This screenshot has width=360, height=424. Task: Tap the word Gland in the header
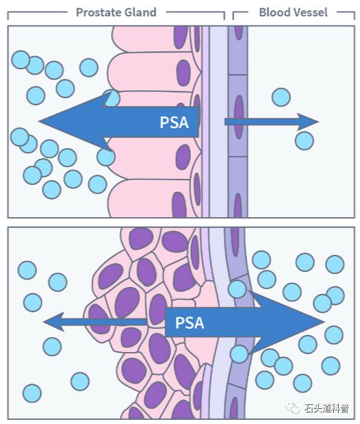(140, 12)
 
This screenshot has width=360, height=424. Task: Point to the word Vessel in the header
(307, 12)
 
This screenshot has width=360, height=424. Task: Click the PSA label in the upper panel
(174, 123)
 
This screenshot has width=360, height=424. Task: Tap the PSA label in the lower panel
(190, 323)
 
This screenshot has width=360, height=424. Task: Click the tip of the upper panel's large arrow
(39, 121)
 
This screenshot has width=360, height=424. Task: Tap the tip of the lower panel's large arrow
(324, 322)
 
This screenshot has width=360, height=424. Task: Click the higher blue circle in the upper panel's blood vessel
(281, 97)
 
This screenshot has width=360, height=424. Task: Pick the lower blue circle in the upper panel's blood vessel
(305, 141)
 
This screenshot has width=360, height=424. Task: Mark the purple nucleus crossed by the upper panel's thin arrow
(238, 117)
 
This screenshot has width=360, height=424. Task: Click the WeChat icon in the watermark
(293, 408)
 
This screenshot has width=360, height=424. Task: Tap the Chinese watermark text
(326, 408)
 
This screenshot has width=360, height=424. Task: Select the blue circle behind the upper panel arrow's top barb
(112, 98)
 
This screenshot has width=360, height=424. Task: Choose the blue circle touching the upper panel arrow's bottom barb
(106, 157)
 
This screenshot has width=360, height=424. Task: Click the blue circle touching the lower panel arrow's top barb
(237, 289)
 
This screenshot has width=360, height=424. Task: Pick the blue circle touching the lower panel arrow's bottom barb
(239, 354)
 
